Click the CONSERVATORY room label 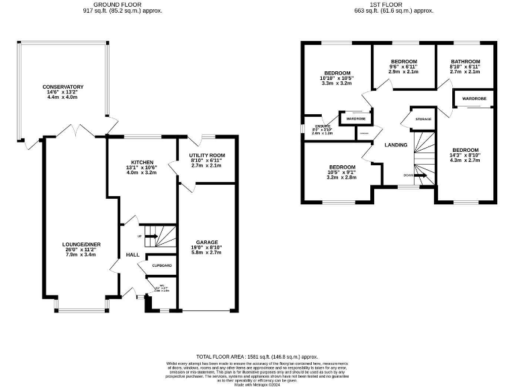62,87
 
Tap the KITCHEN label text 142,162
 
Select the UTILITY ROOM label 206,155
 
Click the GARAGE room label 207,242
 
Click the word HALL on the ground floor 132,255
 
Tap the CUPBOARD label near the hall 161,266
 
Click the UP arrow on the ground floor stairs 151,236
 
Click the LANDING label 396,144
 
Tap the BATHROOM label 465,61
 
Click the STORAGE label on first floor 423,119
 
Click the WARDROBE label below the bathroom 474,99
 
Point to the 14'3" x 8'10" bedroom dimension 465,155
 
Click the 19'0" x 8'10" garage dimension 207,247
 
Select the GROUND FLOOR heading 118,5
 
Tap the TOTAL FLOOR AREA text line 256,356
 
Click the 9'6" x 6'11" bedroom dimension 404,67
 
